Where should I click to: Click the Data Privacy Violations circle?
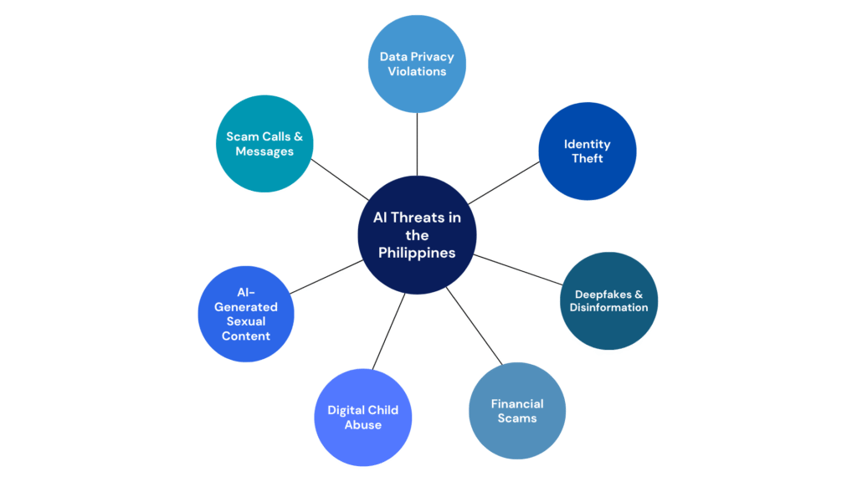pyautogui.click(x=417, y=64)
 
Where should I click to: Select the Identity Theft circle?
pyautogui.click(x=587, y=151)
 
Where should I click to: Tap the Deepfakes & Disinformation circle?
pyautogui.click(x=608, y=300)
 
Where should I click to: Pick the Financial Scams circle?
pyautogui.click(x=517, y=411)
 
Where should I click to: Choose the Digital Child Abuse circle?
pyautogui.click(x=362, y=417)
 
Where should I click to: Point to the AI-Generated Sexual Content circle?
pyautogui.click(x=246, y=314)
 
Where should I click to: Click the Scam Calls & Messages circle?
pyautogui.click(x=264, y=144)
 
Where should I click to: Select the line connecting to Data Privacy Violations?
pyautogui.click(x=417, y=144)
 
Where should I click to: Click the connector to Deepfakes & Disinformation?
pyautogui.click(x=518, y=269)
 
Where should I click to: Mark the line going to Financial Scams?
pyautogui.click(x=475, y=326)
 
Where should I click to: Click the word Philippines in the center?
pyautogui.click(x=417, y=252)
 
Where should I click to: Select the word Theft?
pyautogui.click(x=587, y=159)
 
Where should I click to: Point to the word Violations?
pyautogui.click(x=417, y=71)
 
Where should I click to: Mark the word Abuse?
pyautogui.click(x=362, y=424)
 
